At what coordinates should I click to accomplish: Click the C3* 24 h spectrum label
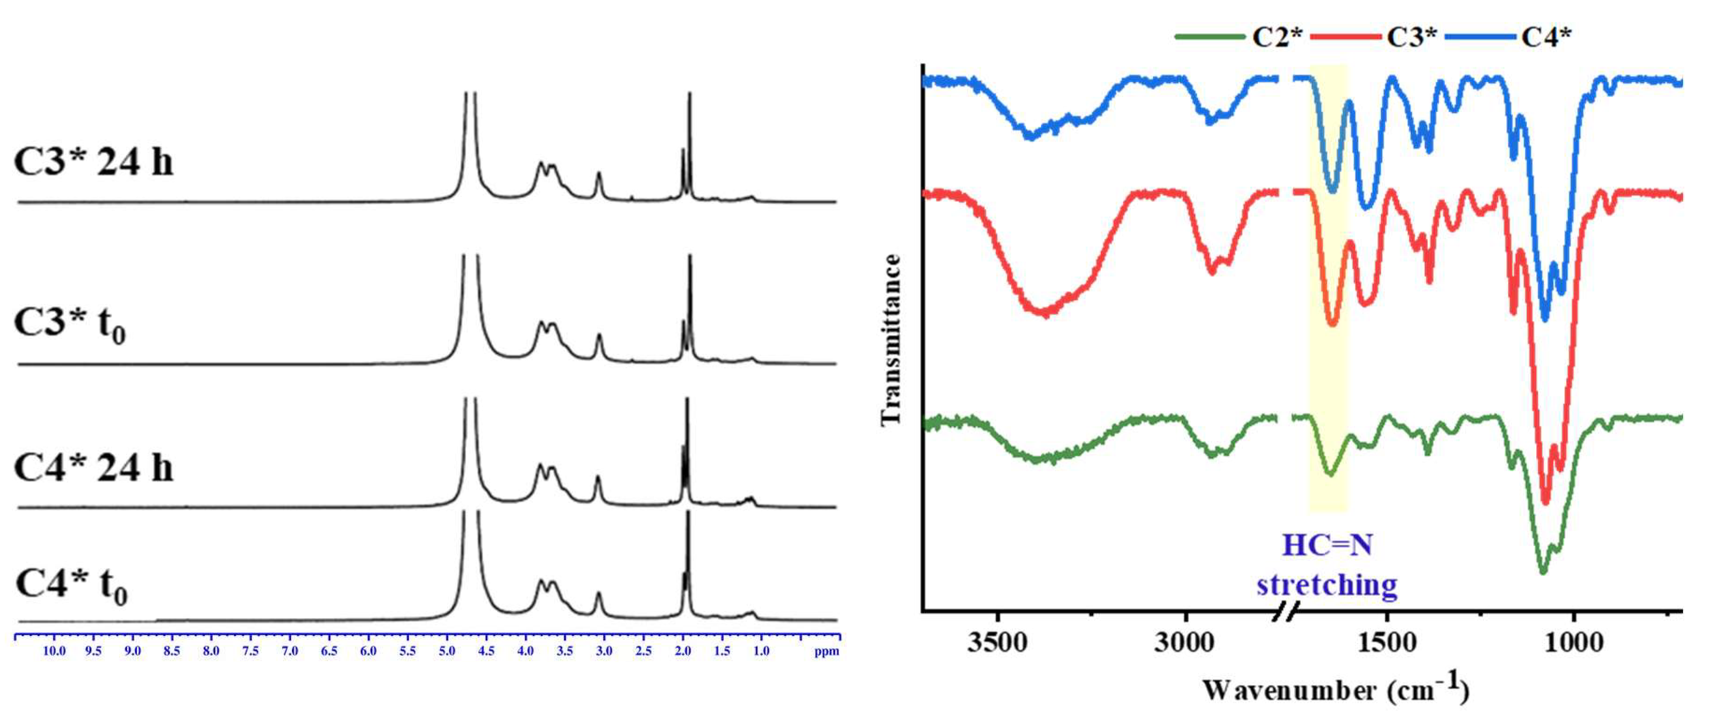pos(93,161)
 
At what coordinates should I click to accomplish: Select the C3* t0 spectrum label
pos(70,325)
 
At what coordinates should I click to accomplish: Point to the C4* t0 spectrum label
pos(71,585)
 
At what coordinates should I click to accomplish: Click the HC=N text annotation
pos(1327,546)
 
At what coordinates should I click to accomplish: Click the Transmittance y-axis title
pos(891,339)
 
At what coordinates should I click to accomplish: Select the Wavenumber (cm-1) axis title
pos(1335,689)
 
